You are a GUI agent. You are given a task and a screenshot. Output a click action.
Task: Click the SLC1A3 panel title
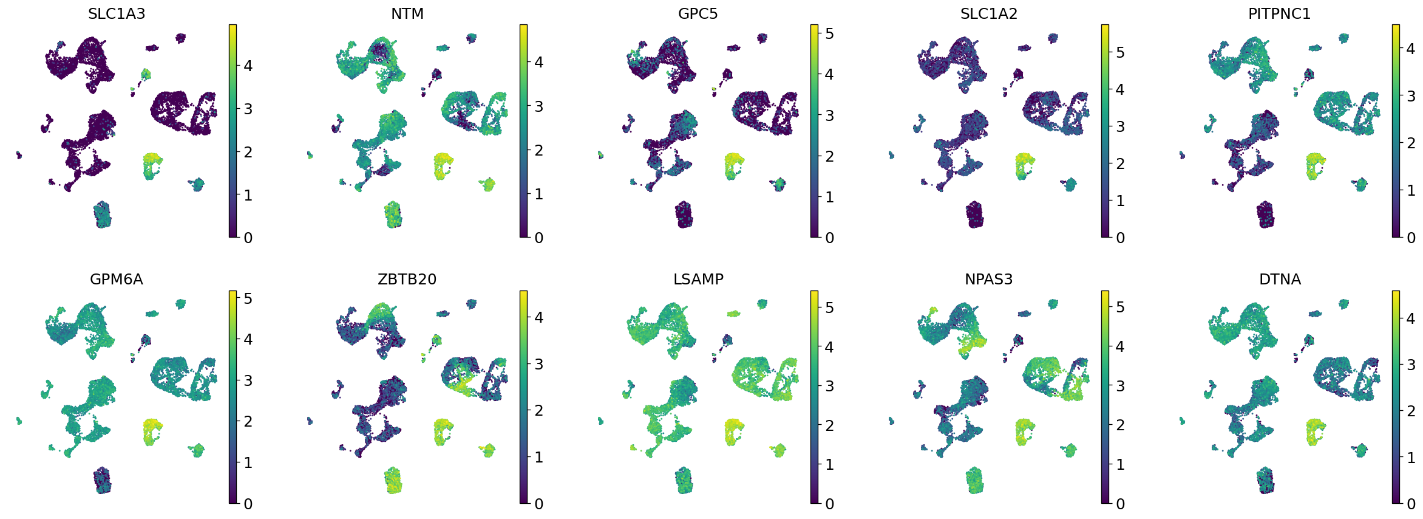[117, 14]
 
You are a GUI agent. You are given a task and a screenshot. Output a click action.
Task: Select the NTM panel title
[407, 14]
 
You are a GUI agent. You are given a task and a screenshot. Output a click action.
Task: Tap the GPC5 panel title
[698, 14]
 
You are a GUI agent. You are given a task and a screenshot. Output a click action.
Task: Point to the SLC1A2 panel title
[988, 14]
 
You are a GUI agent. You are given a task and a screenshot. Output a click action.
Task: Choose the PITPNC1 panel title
[1279, 14]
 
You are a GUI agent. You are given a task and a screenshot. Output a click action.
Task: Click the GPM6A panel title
[117, 280]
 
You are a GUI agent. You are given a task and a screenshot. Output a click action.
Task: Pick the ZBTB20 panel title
[407, 280]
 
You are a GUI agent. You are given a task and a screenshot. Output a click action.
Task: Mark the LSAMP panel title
[698, 280]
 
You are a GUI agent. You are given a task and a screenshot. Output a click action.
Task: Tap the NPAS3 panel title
[988, 280]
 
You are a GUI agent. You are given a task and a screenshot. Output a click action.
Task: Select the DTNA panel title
[1280, 280]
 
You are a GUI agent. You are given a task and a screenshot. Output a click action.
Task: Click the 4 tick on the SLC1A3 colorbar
[248, 66]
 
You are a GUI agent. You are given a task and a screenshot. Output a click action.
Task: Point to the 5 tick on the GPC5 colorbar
[829, 33]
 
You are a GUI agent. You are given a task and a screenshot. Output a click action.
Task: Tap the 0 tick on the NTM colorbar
[538, 238]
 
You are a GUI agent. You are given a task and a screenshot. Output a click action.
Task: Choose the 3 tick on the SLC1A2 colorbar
[1120, 126]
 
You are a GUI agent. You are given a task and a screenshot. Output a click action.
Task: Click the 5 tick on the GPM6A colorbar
[248, 298]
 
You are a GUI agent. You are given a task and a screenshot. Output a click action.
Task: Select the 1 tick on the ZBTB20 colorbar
[538, 457]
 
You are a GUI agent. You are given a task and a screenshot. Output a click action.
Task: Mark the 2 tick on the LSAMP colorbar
[829, 425]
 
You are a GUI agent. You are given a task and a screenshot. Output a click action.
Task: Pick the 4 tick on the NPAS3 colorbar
[1120, 346]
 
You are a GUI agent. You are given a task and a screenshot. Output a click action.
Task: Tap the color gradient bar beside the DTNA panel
[1396, 397]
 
